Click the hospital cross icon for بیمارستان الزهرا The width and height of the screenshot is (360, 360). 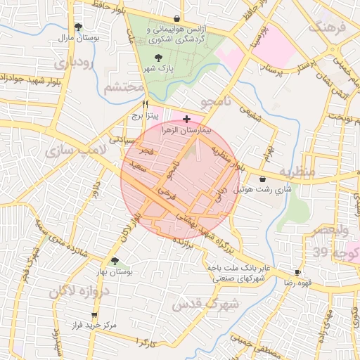pos(186,120)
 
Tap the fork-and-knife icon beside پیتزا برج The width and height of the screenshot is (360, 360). pos(144,103)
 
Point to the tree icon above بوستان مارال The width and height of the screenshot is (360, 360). pos(78,27)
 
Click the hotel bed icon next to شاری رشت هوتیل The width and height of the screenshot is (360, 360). pos(262,179)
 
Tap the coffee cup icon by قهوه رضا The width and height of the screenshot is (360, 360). pos(297,272)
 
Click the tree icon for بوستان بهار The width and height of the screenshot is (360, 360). pos(115,261)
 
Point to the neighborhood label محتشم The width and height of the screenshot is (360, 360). pos(124,88)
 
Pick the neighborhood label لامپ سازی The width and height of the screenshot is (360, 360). pos(74,150)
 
